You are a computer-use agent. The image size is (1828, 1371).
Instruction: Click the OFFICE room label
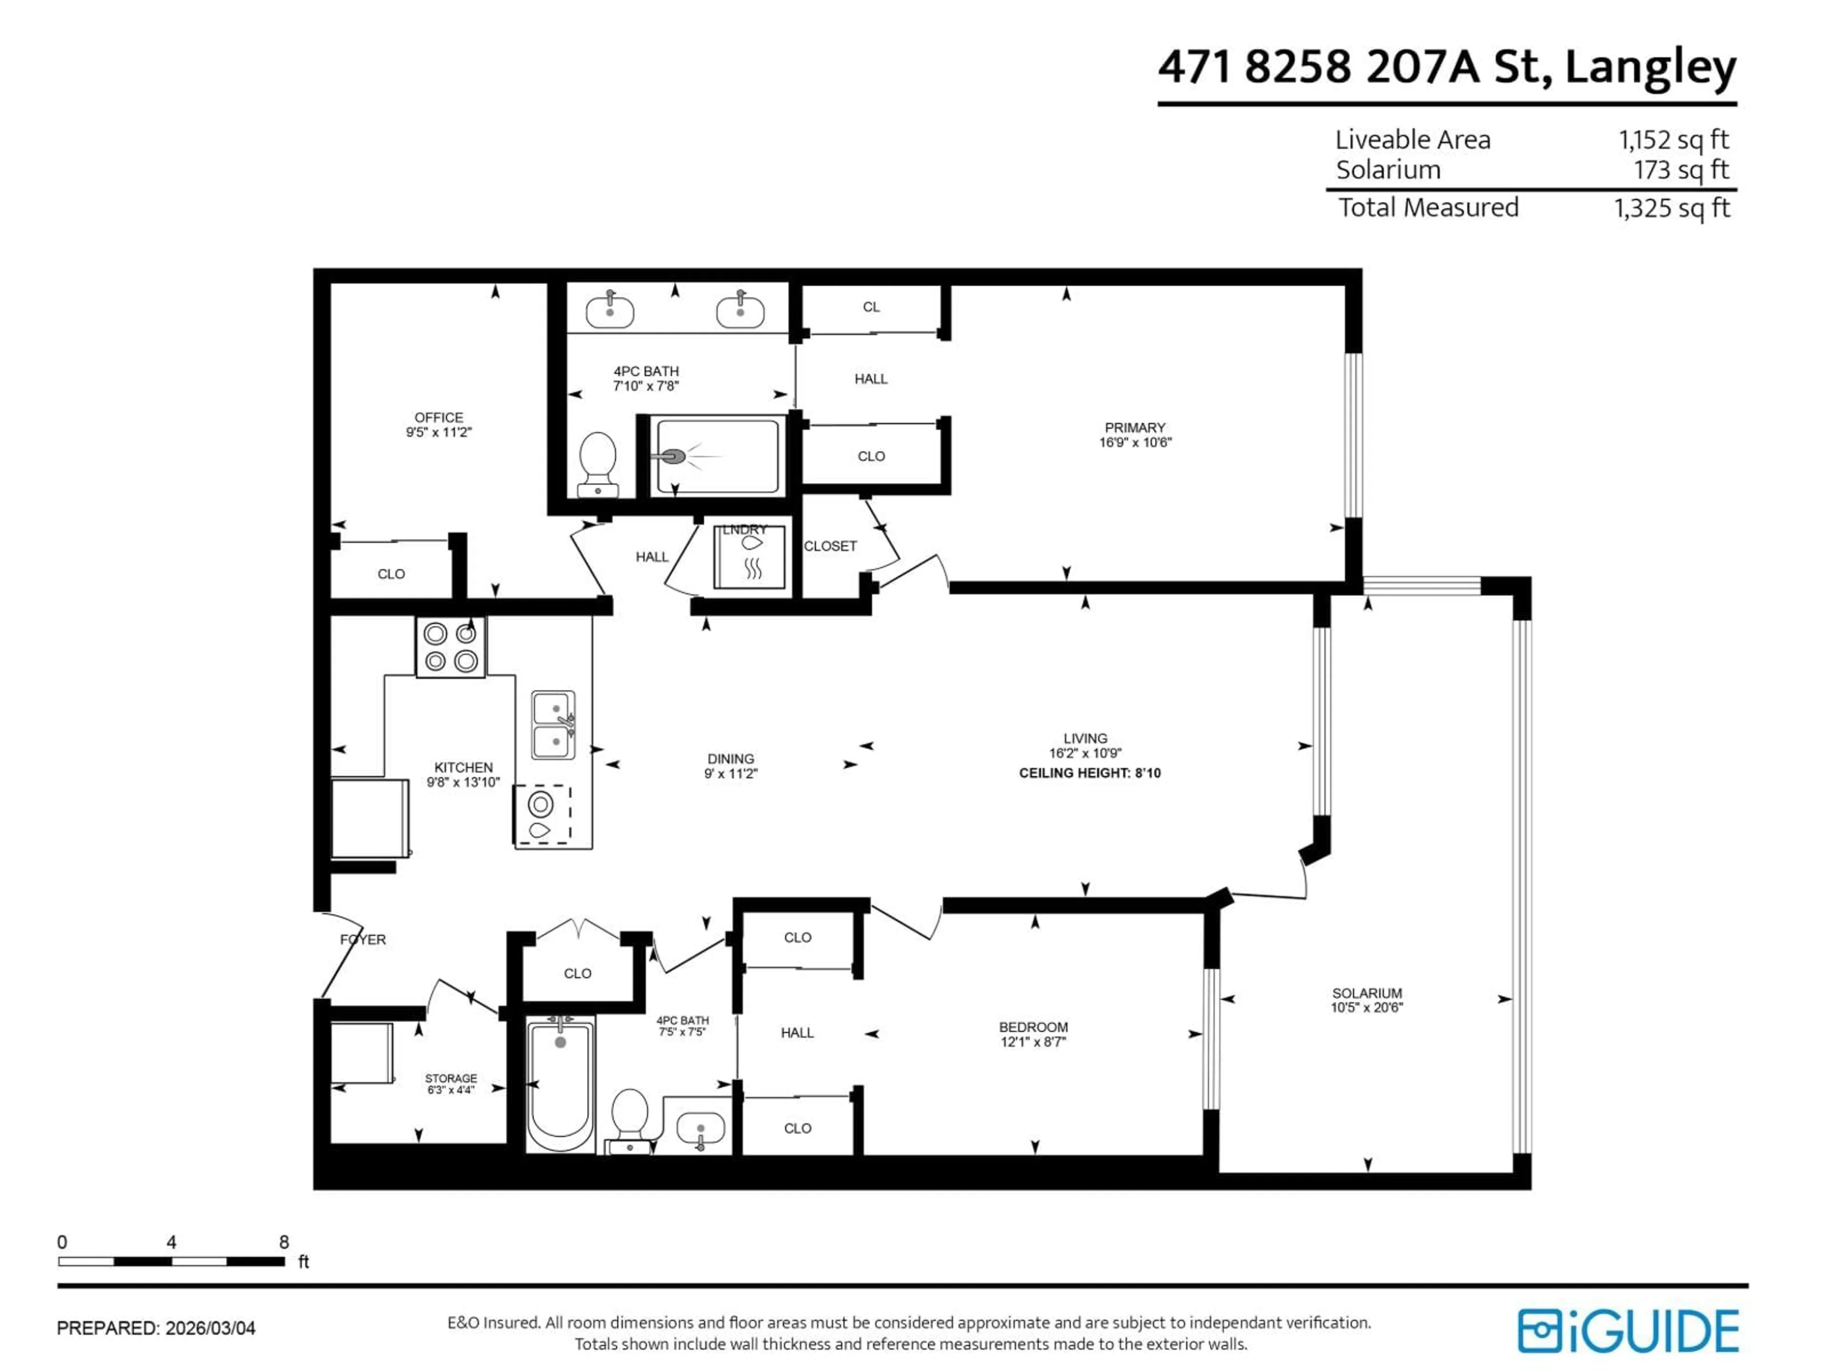439,417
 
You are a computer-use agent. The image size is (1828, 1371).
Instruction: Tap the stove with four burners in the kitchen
450,647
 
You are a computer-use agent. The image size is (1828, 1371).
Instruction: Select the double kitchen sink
553,725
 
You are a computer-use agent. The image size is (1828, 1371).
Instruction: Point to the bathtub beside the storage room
560,1085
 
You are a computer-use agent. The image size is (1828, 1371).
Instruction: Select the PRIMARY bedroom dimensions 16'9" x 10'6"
1135,442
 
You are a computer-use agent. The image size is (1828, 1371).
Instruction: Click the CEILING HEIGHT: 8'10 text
1089,773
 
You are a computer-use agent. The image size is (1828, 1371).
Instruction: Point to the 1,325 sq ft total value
1671,208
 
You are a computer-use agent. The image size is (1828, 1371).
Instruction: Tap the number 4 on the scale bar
171,1242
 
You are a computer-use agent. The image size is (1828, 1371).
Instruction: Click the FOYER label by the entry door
363,939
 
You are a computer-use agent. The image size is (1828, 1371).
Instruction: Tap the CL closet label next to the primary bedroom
871,307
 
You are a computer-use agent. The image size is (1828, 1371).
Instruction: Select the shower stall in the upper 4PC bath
715,456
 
